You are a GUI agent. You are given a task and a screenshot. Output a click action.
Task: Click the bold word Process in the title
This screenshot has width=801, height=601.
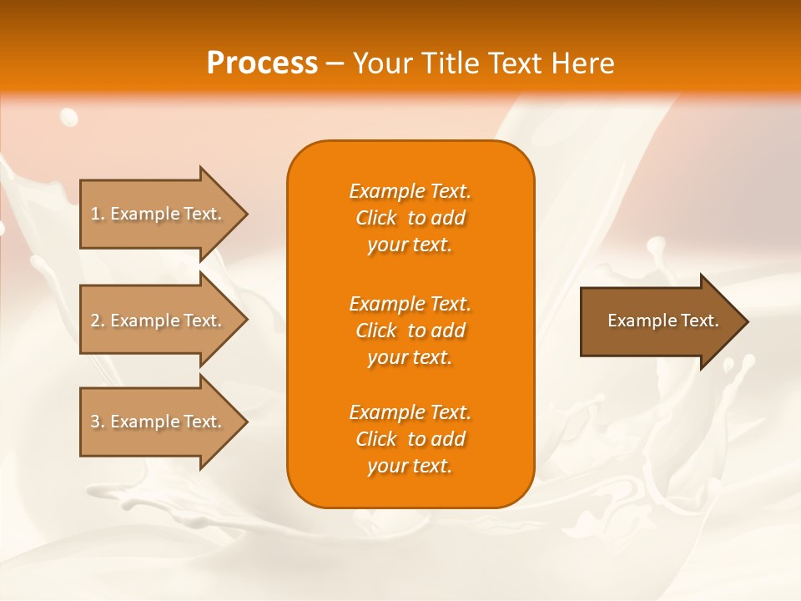[262, 63]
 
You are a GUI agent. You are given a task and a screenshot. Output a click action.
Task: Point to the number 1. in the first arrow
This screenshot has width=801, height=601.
[97, 214]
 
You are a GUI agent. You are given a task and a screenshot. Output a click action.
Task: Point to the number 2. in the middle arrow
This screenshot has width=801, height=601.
[97, 321]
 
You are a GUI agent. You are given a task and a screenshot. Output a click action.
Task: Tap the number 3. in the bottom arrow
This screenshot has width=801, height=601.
[97, 422]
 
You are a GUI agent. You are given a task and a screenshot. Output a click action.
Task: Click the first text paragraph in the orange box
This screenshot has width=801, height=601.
[410, 218]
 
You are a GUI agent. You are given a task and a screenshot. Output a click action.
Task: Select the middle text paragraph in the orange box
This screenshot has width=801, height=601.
[410, 331]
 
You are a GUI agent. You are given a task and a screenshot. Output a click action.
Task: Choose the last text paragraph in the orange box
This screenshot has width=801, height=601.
[410, 439]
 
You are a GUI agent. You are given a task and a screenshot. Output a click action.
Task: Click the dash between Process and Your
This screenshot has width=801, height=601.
[335, 64]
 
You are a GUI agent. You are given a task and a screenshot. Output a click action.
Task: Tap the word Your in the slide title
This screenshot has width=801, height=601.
[380, 63]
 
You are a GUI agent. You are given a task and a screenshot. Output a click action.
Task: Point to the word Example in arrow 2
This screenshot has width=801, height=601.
[145, 321]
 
